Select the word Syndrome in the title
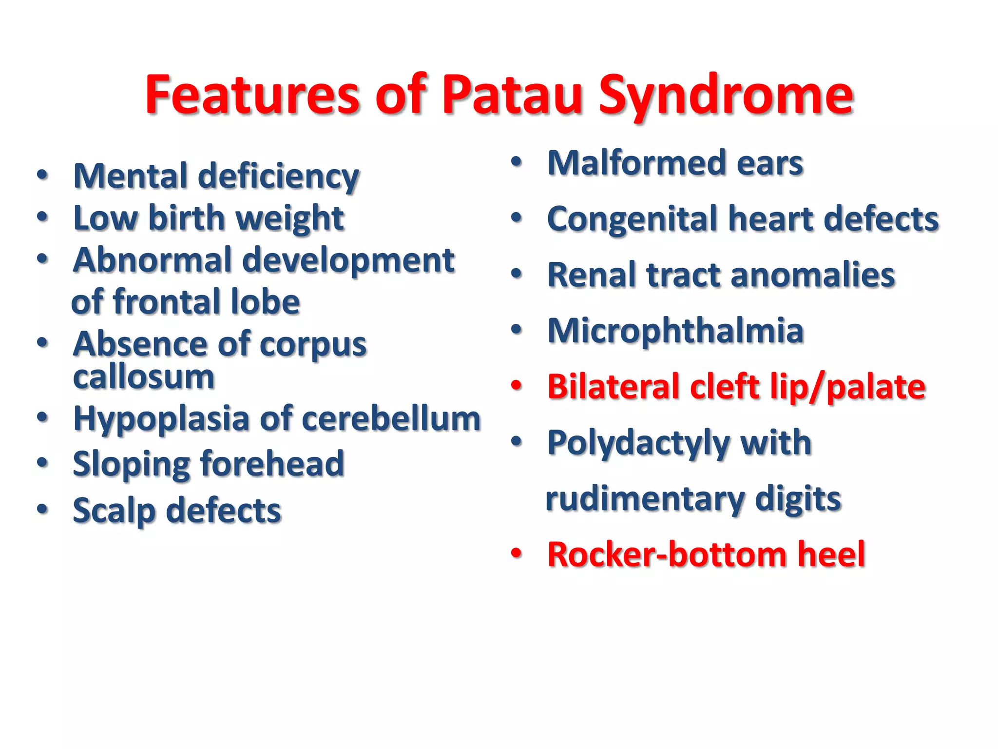(x=726, y=98)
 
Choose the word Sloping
(x=132, y=465)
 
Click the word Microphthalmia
(x=675, y=332)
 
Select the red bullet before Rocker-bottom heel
(x=516, y=553)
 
